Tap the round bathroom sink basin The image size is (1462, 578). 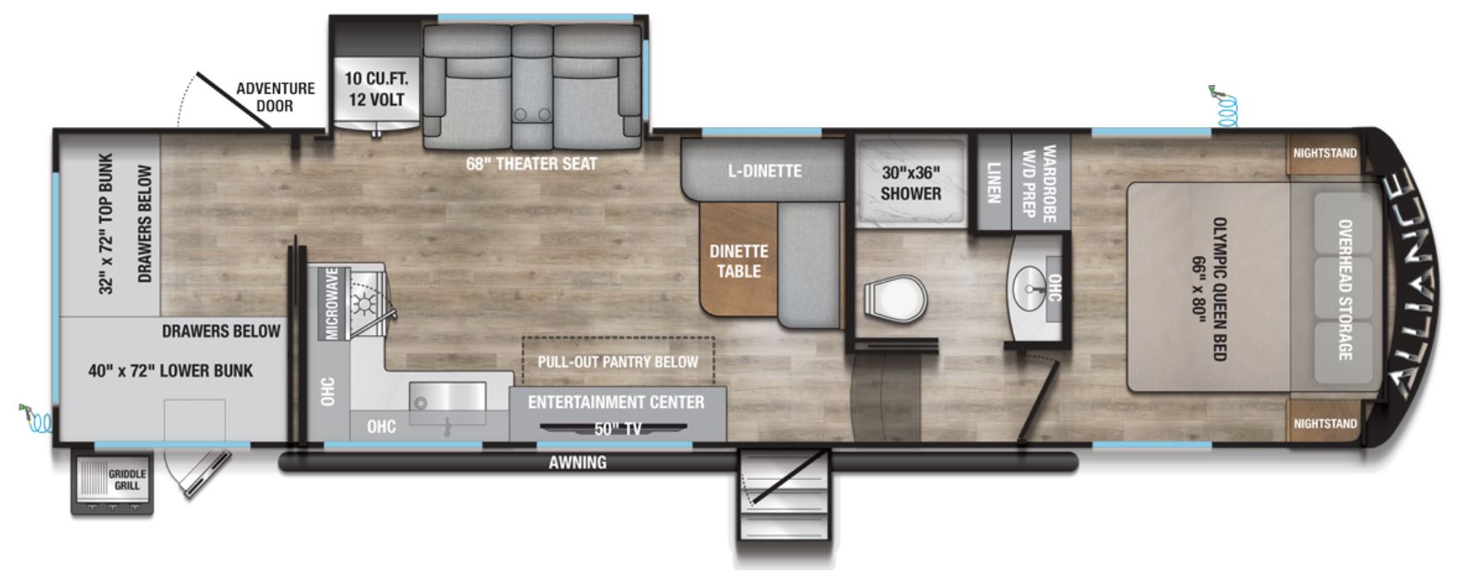[1030, 288]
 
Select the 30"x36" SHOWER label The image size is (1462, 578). [911, 183]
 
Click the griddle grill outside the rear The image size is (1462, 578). [113, 484]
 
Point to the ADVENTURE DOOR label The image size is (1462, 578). [276, 97]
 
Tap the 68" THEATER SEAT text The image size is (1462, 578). [531, 164]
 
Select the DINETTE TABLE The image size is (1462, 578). [739, 259]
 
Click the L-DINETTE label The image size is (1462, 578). [765, 171]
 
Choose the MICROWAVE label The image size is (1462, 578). [332, 303]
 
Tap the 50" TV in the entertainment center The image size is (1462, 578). [613, 429]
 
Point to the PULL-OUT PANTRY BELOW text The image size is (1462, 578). [618, 362]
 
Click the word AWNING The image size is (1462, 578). [577, 463]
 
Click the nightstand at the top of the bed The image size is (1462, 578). [1325, 155]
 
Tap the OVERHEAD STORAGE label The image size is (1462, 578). [1344, 289]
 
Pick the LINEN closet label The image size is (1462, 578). [993, 183]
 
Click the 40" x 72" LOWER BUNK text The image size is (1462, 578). [170, 371]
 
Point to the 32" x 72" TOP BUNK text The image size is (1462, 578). [107, 224]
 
